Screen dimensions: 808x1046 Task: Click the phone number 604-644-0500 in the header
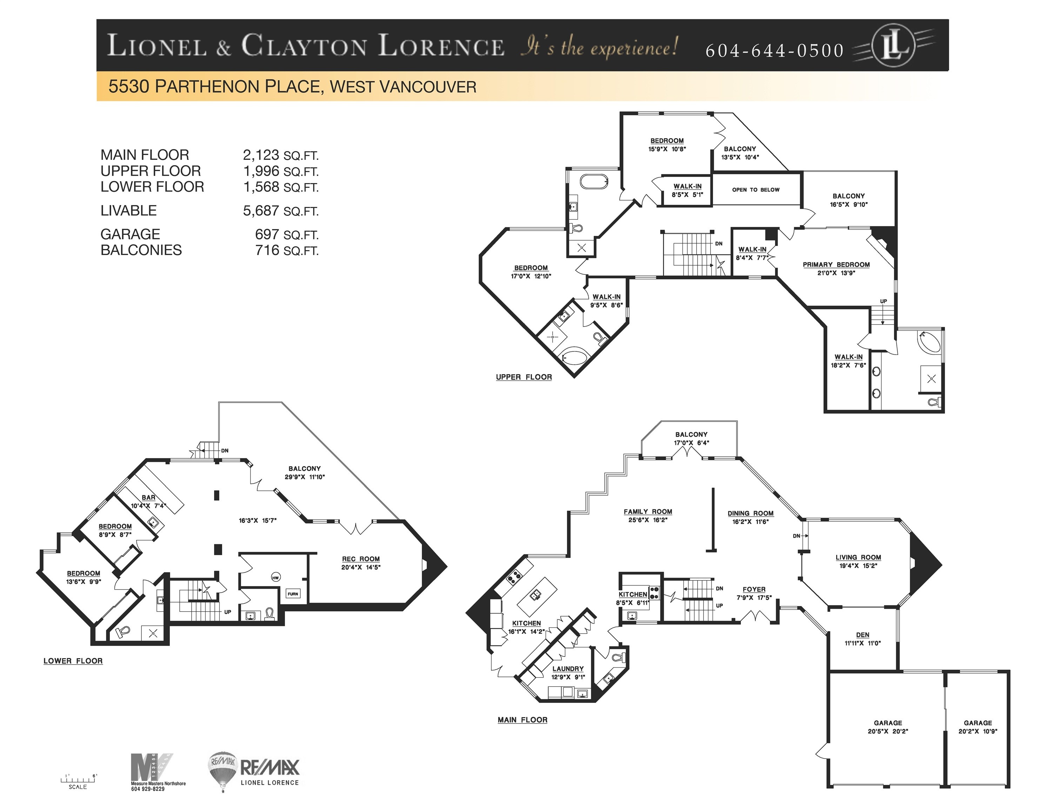click(x=774, y=50)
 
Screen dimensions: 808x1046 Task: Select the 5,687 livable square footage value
click(x=261, y=211)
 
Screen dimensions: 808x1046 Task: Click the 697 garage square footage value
click(x=267, y=235)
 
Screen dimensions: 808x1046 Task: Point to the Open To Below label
click(x=755, y=190)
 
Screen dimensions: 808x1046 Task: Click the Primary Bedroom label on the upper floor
click(x=836, y=265)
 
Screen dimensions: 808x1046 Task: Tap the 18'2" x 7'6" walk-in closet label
click(x=848, y=361)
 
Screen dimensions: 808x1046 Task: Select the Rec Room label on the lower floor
click(x=361, y=559)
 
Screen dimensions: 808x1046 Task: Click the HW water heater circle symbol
click(x=275, y=577)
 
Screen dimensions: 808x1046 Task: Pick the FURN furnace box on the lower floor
click(x=293, y=594)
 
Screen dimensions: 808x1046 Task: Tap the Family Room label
click(x=647, y=511)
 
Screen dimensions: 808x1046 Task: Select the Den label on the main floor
click(x=862, y=635)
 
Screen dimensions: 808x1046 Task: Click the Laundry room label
click(x=568, y=669)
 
